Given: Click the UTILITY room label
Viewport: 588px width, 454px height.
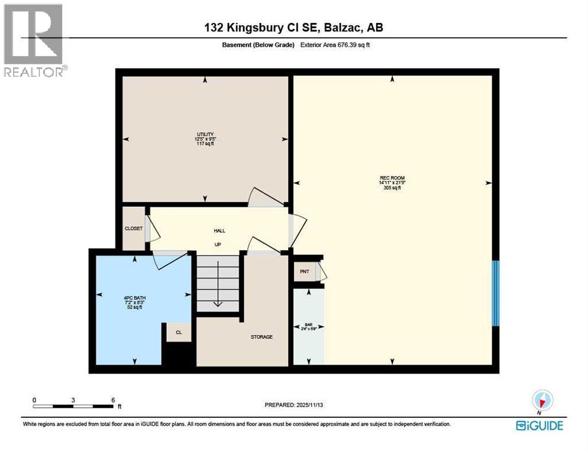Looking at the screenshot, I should (205, 134).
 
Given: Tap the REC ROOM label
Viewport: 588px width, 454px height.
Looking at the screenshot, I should (392, 177).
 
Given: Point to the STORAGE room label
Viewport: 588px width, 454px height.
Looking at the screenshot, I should (261, 337).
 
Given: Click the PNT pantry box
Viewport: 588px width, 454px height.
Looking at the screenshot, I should (305, 271).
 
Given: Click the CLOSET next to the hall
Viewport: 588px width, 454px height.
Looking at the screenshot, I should (133, 229).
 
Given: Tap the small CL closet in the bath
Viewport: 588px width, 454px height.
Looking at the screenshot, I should (179, 333).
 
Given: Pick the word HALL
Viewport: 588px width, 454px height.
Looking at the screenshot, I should (219, 231).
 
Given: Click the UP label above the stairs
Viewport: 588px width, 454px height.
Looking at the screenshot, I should (217, 244).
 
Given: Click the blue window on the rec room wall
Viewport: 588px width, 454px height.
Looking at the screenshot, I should (496, 293).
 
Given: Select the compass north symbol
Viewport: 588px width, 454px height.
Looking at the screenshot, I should (542, 400).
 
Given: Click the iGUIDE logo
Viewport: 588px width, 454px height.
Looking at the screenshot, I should (539, 425).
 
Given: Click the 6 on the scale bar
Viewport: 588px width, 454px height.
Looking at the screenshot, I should (112, 400).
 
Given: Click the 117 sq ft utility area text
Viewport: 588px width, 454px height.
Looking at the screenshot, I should (205, 144).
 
